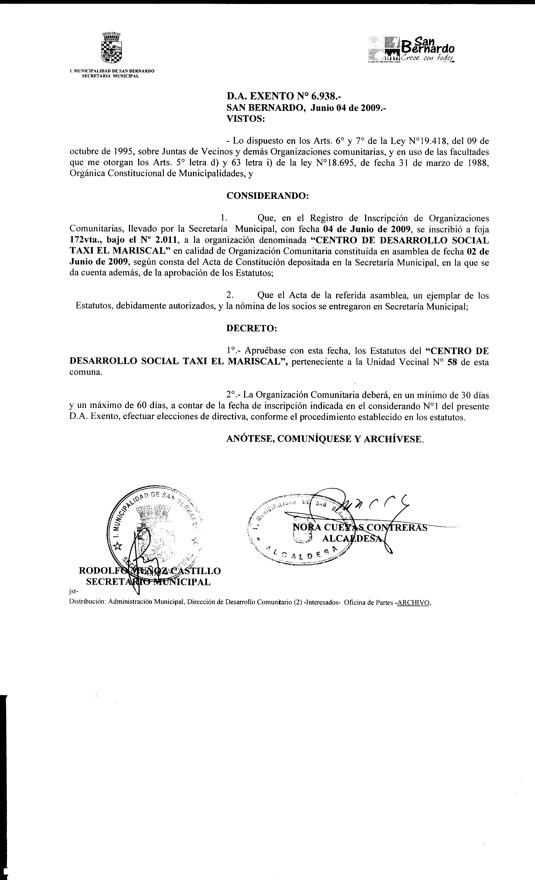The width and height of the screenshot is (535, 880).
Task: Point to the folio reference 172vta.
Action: pos(85,240)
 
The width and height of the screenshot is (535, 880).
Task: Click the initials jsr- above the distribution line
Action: pos(73,591)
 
